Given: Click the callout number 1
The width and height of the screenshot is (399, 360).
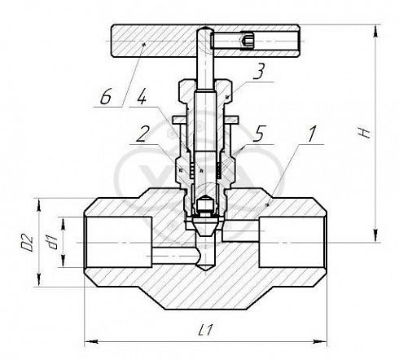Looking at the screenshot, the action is point(312,134).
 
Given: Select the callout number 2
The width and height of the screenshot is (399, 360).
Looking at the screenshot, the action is point(142,134).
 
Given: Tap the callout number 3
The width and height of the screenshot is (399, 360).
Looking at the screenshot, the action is point(258,71).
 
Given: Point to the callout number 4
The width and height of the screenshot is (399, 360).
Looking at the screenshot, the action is point(142,97).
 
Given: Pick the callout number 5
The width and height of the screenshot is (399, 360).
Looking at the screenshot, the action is point(259,134).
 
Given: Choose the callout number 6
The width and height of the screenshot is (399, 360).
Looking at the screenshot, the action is point(106,97).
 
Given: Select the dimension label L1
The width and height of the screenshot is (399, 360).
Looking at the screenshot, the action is point(205,330).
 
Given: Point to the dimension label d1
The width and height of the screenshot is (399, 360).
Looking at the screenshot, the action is point(52,242).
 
